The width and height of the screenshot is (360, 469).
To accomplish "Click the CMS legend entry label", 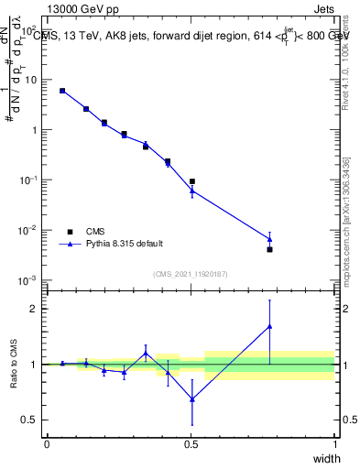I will [96, 232].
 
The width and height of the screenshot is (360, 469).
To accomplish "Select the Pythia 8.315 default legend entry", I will [125, 244].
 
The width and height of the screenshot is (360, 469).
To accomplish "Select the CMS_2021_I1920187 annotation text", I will [190, 274].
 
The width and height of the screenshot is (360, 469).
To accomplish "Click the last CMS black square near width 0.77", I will [269, 249].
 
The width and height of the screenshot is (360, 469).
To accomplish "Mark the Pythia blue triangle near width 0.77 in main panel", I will [269, 239].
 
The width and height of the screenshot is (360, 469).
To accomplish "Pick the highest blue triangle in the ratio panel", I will [269, 326].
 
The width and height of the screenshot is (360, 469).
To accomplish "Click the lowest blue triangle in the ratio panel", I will [191, 399].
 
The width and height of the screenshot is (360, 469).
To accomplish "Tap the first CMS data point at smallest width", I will [62, 91].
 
